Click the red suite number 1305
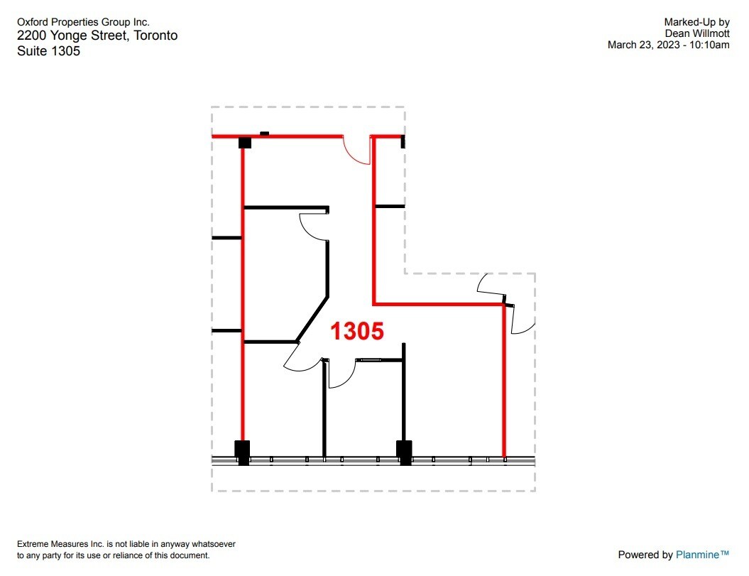coord(357,331)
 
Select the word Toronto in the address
coord(155,36)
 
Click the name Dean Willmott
coord(697,33)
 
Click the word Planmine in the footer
coord(702,555)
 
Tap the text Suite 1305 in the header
coord(48,51)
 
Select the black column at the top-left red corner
coord(245,143)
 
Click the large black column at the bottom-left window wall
coord(243,452)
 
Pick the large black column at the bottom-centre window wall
coord(404,452)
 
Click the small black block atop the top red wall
coord(265,133)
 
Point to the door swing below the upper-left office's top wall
coord(313,226)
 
